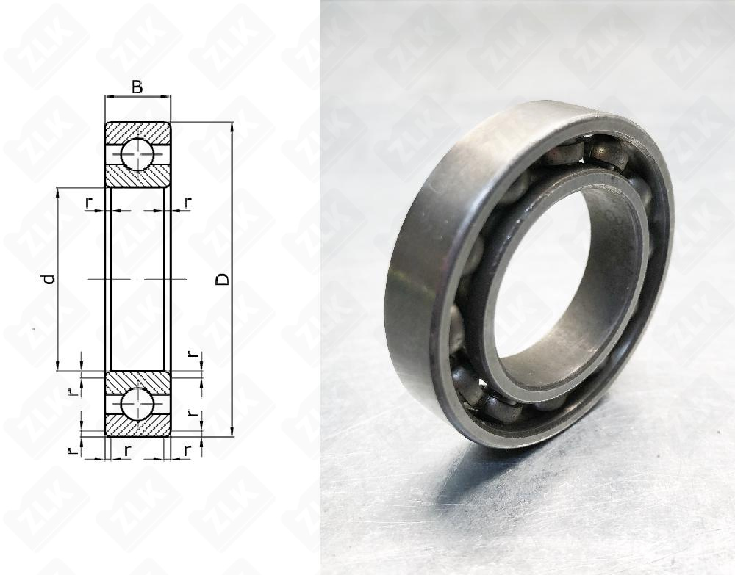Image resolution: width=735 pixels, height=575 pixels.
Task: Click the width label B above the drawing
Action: (x=137, y=87)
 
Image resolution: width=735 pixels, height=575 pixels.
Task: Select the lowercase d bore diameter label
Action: (x=48, y=279)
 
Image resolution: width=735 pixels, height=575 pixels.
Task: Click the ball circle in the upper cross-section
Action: (x=137, y=153)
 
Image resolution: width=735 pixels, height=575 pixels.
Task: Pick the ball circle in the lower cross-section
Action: (x=137, y=404)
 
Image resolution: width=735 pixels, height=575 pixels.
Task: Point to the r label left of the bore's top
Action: (x=89, y=201)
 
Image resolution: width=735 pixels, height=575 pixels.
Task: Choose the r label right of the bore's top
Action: (x=188, y=201)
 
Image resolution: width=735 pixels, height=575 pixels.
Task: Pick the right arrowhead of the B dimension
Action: (x=168, y=96)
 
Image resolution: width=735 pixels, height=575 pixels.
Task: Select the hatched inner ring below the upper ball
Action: (x=137, y=177)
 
